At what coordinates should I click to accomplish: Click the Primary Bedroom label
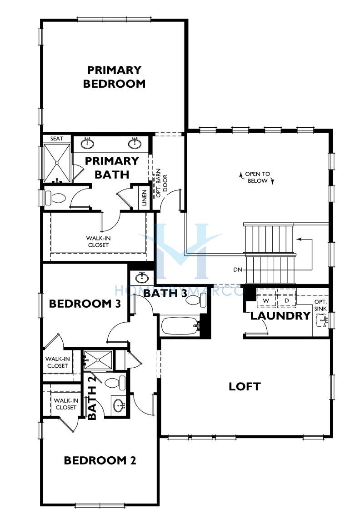pos(114,77)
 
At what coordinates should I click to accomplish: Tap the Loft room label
pos(245,386)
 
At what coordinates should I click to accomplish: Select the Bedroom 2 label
pos(100,460)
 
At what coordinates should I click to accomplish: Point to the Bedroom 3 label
pos(85,304)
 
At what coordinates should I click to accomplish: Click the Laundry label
pos(280,316)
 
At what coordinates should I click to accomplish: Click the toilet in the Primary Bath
pos(55,199)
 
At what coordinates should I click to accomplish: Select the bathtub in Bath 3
pos(180,326)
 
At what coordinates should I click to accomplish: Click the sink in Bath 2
pos(119,404)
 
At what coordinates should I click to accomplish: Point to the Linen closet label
pos(144,198)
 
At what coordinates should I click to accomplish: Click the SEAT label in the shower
pos(57,139)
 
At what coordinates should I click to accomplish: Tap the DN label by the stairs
pos(238,270)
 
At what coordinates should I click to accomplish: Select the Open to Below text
pos(257,177)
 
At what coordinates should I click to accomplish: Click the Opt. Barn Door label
pos(162,183)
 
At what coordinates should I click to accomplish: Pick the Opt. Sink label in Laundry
pos(320,305)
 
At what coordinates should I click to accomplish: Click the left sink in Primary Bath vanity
pos(87,143)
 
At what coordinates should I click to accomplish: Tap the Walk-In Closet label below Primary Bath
pos(98,242)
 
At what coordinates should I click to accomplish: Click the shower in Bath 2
pos(98,359)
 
